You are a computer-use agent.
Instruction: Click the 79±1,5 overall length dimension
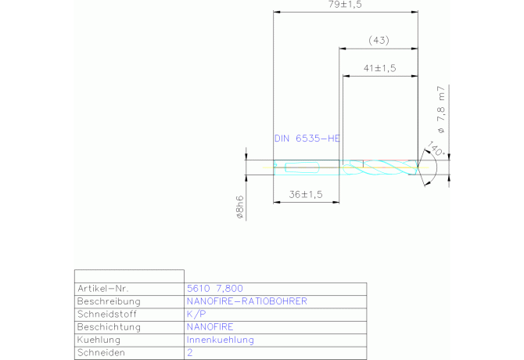[345, 5]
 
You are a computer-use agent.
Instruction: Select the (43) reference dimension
[379, 41]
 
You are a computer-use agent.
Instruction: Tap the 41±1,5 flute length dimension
[379, 68]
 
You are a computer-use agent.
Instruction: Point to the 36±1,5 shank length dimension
[306, 195]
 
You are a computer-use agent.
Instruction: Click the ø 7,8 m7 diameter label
[441, 110]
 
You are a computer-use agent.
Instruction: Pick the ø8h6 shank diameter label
[240, 207]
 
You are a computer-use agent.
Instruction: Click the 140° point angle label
[436, 149]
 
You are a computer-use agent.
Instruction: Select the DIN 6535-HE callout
[307, 139]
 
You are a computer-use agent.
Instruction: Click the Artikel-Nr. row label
[103, 289]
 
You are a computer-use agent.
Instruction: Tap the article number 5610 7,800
[215, 289]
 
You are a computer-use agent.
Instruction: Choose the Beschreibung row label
[109, 301]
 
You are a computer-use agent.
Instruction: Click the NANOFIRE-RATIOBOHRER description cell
[246, 301]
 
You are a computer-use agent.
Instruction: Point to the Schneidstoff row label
[107, 314]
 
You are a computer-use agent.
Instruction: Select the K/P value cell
[196, 314]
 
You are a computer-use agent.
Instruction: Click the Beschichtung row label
[109, 327]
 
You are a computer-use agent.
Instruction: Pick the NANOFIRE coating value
[210, 327]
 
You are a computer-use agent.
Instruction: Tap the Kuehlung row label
[99, 340]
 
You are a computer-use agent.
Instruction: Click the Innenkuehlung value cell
[221, 340]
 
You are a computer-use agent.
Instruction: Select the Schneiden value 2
[190, 353]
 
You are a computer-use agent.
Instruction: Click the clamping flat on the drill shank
[302, 167]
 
